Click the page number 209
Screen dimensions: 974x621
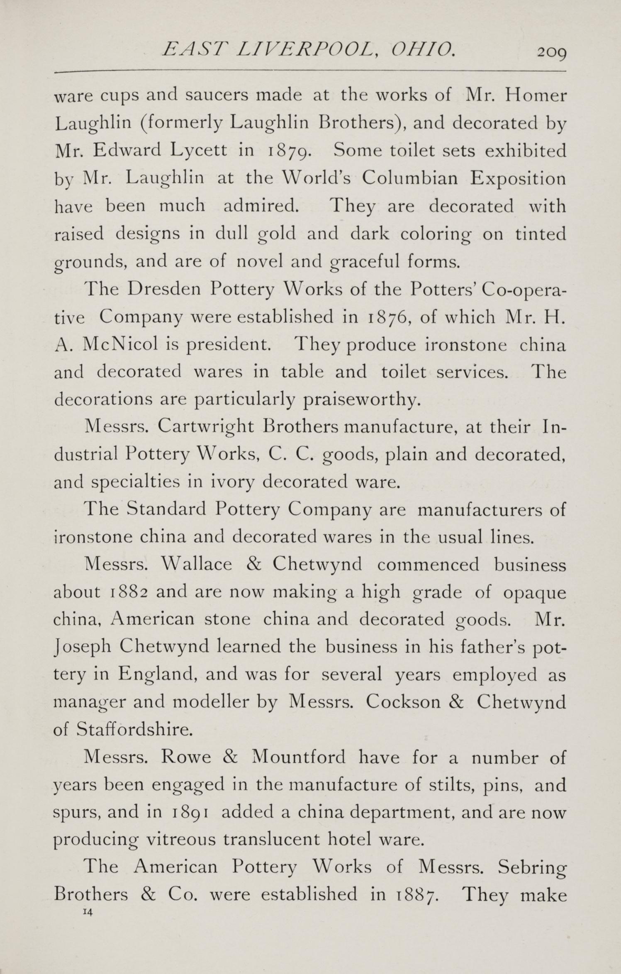tap(551, 53)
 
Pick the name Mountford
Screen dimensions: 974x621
tap(298, 757)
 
